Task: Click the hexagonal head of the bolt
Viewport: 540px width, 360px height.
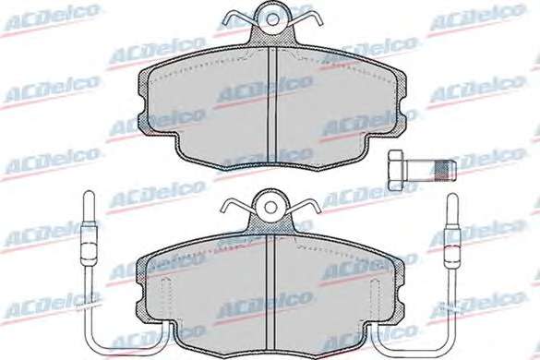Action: click(x=396, y=170)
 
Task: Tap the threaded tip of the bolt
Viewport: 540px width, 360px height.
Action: click(x=445, y=170)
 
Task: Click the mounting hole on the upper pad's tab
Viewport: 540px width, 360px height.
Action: click(x=272, y=19)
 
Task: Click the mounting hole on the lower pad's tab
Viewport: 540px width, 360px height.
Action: click(x=270, y=207)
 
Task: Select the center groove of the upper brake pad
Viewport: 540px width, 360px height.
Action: click(x=272, y=107)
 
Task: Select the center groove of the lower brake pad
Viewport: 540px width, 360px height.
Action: click(x=270, y=297)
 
